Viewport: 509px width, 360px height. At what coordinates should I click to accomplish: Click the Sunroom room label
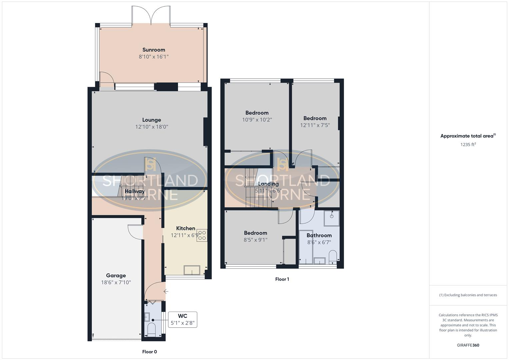(x=154, y=50)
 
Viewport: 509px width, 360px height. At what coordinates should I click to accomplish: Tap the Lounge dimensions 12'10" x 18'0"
(x=152, y=127)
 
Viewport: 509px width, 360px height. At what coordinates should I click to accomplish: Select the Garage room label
(x=116, y=275)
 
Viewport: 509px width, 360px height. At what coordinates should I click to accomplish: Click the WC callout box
(x=182, y=319)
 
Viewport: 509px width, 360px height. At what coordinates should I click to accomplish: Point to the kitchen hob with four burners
(x=202, y=235)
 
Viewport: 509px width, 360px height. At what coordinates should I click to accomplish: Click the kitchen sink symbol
(x=192, y=270)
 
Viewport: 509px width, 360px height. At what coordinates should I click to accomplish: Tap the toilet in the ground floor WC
(x=152, y=329)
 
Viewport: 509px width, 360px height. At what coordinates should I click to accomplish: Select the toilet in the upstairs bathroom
(x=333, y=257)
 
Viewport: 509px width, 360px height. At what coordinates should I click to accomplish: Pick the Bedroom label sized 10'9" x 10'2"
(x=257, y=113)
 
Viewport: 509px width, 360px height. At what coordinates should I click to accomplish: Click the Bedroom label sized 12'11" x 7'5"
(x=315, y=118)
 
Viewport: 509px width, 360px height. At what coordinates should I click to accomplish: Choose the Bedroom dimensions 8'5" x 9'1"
(x=256, y=240)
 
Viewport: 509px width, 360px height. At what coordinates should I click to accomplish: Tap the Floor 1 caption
(x=282, y=279)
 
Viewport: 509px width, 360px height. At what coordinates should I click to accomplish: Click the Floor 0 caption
(x=149, y=352)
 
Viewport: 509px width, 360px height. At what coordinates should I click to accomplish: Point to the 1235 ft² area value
(x=468, y=144)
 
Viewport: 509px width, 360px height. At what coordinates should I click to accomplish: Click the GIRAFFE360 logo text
(x=468, y=345)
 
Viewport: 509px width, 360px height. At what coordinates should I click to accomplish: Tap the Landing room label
(x=269, y=184)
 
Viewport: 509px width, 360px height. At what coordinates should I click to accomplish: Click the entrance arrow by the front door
(x=166, y=291)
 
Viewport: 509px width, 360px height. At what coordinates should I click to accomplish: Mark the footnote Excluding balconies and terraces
(x=468, y=295)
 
